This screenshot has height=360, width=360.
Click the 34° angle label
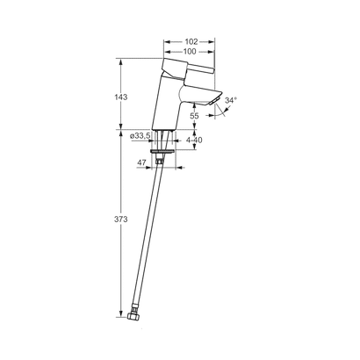[x=230, y=102]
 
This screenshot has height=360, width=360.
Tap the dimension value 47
[x=141, y=162]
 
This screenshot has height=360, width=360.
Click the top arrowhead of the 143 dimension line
[x=120, y=61]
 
